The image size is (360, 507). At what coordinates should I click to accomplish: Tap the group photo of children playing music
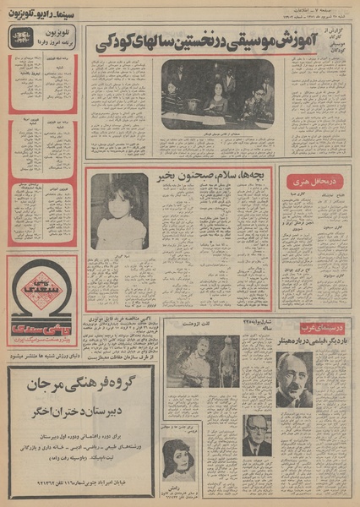pos(217,94)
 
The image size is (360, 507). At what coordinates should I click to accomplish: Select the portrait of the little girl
pos(119,211)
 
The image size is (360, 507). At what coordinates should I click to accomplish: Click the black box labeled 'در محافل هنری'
pos(314,182)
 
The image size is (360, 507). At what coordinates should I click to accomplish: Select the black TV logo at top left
pos(23,39)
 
